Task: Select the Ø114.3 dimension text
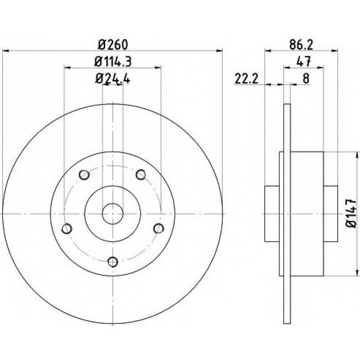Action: [x=113, y=62]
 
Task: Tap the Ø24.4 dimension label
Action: [x=113, y=79]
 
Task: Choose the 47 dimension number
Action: [x=304, y=62]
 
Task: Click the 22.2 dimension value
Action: [x=246, y=79]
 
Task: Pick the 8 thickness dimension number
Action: [x=306, y=79]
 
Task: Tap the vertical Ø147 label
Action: [x=351, y=213]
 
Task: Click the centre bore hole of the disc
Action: [x=113, y=213]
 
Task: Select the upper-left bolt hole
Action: [x=84, y=175]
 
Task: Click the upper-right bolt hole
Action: [x=141, y=174]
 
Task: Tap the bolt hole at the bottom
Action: [x=113, y=262]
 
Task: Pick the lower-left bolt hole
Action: [x=67, y=229]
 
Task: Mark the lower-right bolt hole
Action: [x=159, y=228]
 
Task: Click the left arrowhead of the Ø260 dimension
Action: [x=5, y=51]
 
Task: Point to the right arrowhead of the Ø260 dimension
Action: [x=220, y=51]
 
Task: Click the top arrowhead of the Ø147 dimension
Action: [x=356, y=155]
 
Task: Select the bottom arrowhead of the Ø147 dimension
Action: [x=356, y=273]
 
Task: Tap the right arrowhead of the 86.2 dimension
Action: [x=335, y=50]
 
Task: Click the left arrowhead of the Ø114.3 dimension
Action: [x=67, y=68]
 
